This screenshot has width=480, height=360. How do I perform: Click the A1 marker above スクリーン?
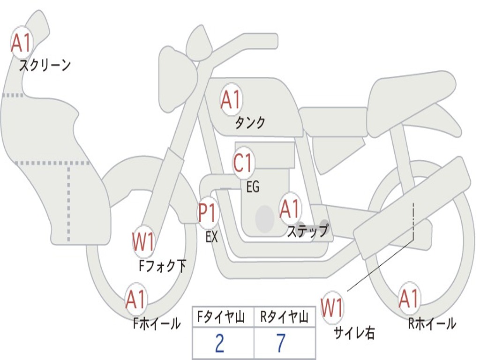(x=22, y=43)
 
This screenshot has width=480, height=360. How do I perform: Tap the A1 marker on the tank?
(x=232, y=99)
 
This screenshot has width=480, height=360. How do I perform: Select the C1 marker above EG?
(x=243, y=163)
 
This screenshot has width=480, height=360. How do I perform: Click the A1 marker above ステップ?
(x=290, y=209)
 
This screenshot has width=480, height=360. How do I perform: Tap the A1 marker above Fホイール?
(x=136, y=299)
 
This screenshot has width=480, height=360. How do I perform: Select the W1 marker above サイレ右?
(x=332, y=307)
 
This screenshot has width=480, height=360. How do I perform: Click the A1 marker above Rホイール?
(x=408, y=298)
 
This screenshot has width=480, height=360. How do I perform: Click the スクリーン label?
(x=45, y=65)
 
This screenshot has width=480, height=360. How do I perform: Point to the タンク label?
(x=249, y=123)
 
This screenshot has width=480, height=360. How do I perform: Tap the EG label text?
(x=253, y=187)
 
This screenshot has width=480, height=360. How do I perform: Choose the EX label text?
(x=212, y=236)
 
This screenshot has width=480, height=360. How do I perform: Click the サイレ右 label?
(x=354, y=333)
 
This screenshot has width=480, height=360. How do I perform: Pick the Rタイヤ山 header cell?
(x=285, y=317)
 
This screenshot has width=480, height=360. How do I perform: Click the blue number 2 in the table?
(x=219, y=343)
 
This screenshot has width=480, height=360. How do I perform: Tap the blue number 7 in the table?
(x=281, y=343)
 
